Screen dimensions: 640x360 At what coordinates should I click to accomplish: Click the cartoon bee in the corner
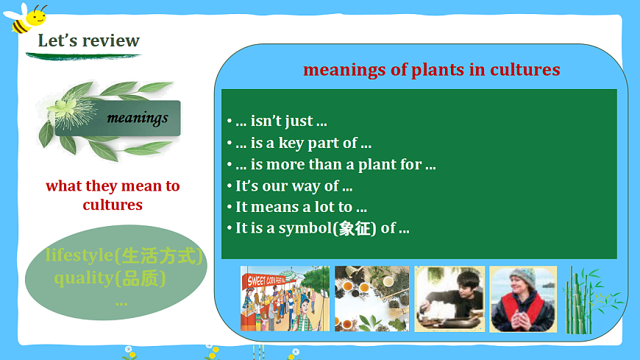(25, 18)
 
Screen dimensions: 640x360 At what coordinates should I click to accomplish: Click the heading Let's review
(88, 40)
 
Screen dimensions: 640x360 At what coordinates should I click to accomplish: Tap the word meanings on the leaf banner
(138, 118)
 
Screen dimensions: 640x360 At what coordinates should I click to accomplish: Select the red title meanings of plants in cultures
(431, 69)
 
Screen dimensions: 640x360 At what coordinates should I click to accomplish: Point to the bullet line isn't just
(277, 121)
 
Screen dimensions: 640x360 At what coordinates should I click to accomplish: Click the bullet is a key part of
(299, 143)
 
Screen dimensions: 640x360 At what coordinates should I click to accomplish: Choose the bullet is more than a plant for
(332, 164)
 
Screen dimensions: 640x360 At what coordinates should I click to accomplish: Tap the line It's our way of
(290, 186)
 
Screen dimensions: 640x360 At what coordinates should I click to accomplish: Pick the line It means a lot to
(297, 207)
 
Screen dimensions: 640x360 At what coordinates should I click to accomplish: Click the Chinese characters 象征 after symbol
(355, 228)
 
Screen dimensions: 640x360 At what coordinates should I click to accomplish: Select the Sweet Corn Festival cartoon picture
(285, 299)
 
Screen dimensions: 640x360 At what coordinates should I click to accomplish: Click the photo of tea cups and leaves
(371, 299)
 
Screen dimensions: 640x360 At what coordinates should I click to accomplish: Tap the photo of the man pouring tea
(449, 299)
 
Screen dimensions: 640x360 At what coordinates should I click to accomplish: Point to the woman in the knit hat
(523, 299)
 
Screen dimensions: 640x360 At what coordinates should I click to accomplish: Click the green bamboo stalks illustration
(591, 300)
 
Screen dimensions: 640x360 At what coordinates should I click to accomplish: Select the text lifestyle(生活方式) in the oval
(124, 255)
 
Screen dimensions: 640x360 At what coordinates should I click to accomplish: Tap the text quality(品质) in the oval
(110, 278)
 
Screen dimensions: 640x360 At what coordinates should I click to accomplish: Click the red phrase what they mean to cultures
(113, 195)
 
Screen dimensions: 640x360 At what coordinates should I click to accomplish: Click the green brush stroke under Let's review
(83, 57)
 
